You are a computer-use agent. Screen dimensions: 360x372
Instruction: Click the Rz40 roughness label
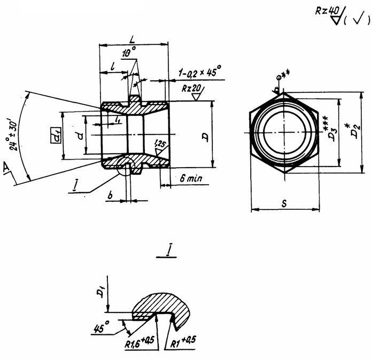click(x=328, y=12)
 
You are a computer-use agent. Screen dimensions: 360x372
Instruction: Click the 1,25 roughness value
click(x=159, y=143)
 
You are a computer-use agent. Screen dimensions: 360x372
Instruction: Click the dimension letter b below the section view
click(x=110, y=197)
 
